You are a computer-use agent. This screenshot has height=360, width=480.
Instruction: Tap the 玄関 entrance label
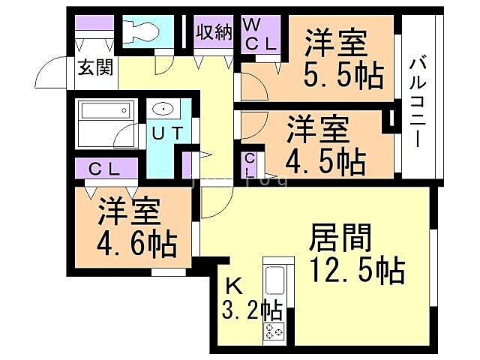click(95, 68)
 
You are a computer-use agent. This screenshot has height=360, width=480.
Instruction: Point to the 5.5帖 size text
click(343, 76)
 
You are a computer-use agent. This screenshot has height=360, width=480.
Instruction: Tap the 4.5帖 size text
click(326, 159)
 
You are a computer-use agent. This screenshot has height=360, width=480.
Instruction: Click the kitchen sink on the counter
click(273, 282)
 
